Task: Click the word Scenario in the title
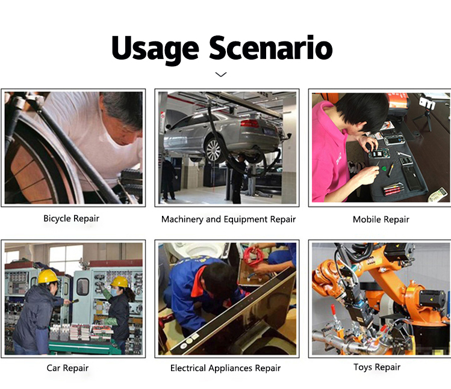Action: click(x=270, y=47)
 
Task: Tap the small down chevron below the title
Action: click(x=220, y=75)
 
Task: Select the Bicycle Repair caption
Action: click(x=71, y=219)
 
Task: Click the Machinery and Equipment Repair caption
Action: click(x=228, y=219)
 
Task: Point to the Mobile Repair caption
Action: click(x=381, y=219)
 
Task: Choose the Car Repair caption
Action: click(x=67, y=368)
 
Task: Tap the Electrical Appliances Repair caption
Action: click(x=225, y=369)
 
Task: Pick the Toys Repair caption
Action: click(x=377, y=367)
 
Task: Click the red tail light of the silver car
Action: click(x=250, y=123)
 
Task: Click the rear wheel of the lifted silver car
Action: click(x=214, y=150)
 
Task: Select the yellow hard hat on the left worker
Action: click(x=48, y=276)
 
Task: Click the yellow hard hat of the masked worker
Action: click(x=120, y=281)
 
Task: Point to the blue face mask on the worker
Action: click(x=114, y=292)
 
